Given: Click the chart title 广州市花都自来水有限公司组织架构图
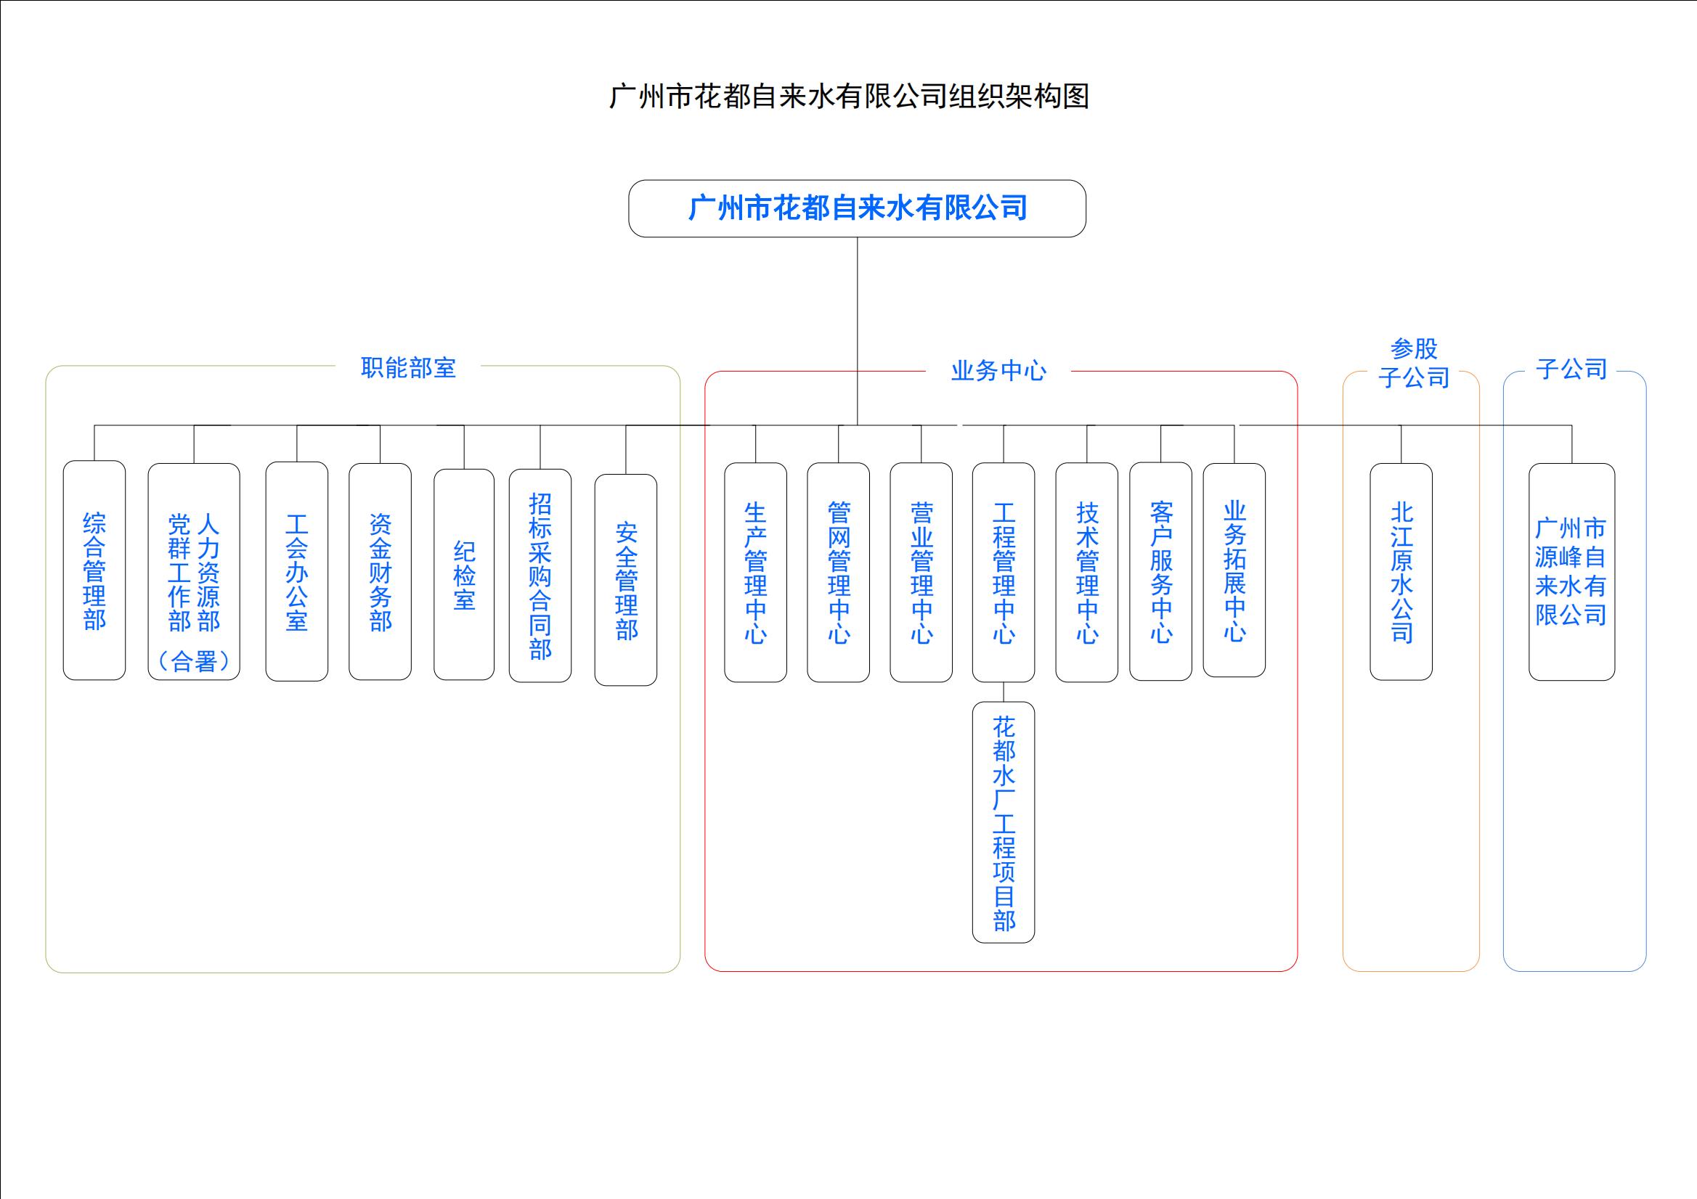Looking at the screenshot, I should pyautogui.click(x=848, y=97).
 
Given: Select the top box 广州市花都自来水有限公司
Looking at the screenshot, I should pyautogui.click(x=857, y=208).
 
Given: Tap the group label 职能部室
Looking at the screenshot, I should pyautogui.click(x=408, y=367).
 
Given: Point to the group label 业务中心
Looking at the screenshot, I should pyautogui.click(x=998, y=370).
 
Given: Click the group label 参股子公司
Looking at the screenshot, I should pyautogui.click(x=1412, y=363).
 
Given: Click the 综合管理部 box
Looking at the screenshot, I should pyautogui.click(x=94, y=570).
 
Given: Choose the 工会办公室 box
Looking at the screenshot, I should pyautogui.click(x=296, y=572).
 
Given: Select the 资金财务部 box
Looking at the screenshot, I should pyautogui.click(x=380, y=572).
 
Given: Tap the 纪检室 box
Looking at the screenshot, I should pyautogui.click(x=463, y=575).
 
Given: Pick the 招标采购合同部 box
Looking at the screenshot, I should pyautogui.click(x=540, y=576).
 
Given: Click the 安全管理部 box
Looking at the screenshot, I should pyautogui.click(x=626, y=580).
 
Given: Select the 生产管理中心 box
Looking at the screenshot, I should pyautogui.click(x=755, y=573).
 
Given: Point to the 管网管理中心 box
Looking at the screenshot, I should pyautogui.click(x=838, y=573).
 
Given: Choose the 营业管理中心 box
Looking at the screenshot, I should pyautogui.click(x=921, y=573).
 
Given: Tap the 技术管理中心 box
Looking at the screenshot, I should pyautogui.click(x=1086, y=573).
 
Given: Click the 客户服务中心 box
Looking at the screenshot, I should pyautogui.click(x=1160, y=572).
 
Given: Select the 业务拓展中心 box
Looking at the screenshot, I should pyautogui.click(x=1234, y=570).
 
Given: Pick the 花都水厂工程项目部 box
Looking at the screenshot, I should pyautogui.click(x=1004, y=822).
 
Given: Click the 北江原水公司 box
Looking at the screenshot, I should pyautogui.click(x=1401, y=572).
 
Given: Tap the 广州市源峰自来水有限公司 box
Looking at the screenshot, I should pyautogui.click(x=1571, y=572).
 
